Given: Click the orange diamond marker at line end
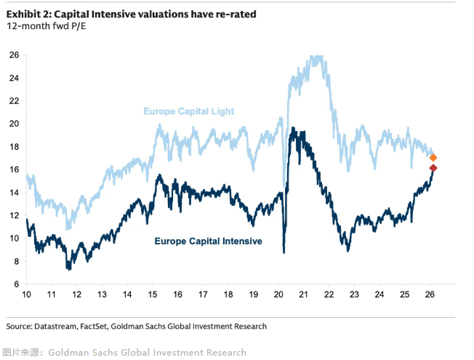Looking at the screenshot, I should point(433,158).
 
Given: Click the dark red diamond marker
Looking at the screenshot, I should point(433,169).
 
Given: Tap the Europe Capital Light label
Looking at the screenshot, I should point(188,111).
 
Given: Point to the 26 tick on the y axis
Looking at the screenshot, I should point(14,55).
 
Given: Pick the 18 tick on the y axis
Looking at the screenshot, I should point(14,147).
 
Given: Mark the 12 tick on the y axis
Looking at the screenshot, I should point(14,215).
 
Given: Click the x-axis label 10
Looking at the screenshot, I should point(27,295).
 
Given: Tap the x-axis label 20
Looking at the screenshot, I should point(279,295).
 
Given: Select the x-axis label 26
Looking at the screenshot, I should point(430,295).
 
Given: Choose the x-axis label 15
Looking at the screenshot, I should point(153,295).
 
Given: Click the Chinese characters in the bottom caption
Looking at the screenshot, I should point(22,353).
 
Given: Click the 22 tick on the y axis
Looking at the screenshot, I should point(14,101).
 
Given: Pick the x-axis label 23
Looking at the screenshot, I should point(355,295).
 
